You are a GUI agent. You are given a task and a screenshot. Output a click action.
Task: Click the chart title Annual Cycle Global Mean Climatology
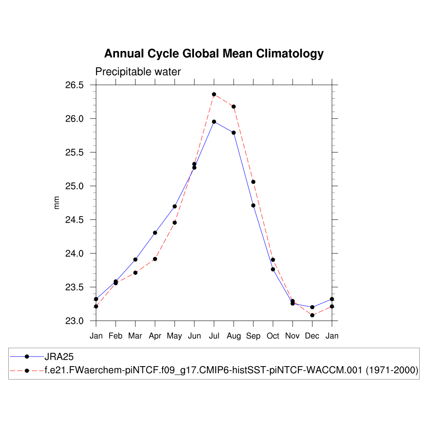(214, 54)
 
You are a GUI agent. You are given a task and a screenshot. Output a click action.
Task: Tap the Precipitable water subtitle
(138, 72)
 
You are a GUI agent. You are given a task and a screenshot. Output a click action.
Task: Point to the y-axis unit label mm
(57, 203)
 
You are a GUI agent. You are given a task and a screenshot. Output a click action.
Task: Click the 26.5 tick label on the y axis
(74, 85)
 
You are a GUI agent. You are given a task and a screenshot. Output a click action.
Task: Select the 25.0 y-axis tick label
(74, 186)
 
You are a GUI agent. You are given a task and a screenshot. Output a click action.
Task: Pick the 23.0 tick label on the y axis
(74, 321)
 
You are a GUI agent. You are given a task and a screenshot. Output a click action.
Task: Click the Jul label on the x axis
(214, 336)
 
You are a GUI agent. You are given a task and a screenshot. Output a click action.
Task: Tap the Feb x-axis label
(116, 336)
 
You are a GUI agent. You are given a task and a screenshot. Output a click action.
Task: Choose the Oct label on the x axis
(273, 336)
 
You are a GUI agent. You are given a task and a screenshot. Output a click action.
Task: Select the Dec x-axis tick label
(312, 336)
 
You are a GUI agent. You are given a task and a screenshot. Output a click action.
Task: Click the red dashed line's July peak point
(214, 94)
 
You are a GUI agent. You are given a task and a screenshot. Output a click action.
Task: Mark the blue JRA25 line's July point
(214, 122)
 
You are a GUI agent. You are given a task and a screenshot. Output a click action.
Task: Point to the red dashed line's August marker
(234, 107)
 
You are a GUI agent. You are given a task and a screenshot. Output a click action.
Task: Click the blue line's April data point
(155, 233)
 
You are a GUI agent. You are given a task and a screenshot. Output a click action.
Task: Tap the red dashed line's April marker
(155, 259)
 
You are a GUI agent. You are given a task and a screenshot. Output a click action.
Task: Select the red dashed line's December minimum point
(312, 315)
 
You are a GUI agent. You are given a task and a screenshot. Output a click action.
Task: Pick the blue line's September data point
(253, 205)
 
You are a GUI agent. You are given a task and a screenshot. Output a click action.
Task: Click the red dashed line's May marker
(175, 222)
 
